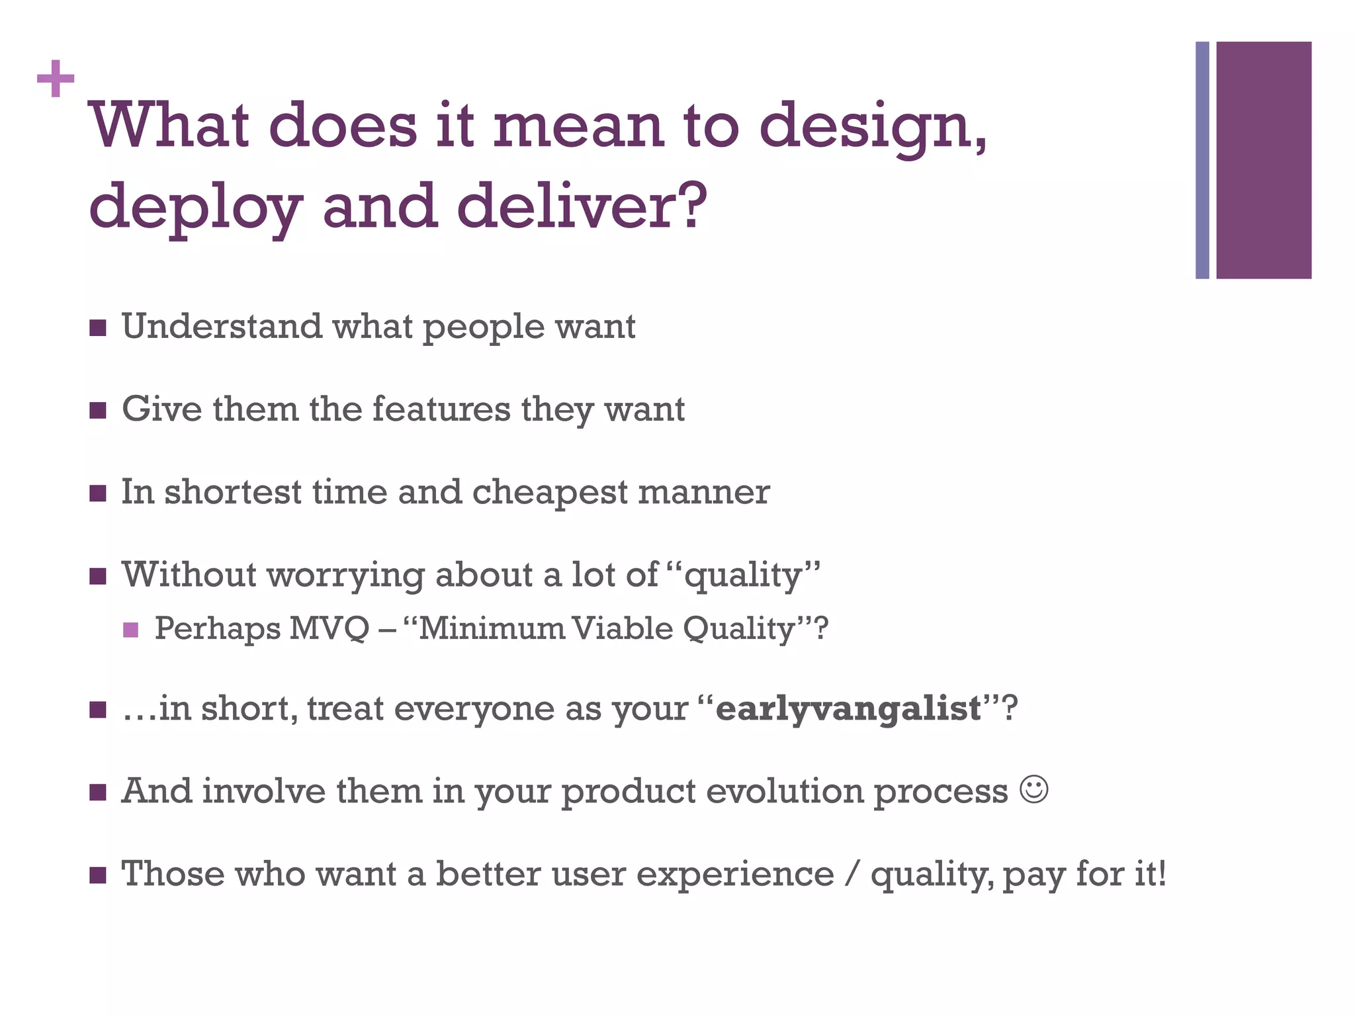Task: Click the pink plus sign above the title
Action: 56,79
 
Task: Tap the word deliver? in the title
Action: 582,206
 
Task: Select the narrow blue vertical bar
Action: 1202,160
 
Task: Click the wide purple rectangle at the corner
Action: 1264,160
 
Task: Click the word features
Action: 441,409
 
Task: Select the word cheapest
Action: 550,493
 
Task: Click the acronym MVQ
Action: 329,628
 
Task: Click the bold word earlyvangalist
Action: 848,708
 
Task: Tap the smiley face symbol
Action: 1033,789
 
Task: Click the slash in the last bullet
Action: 852,874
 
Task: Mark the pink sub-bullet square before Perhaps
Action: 131,630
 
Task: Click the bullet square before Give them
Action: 98,411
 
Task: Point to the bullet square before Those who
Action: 98,876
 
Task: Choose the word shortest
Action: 233,493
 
